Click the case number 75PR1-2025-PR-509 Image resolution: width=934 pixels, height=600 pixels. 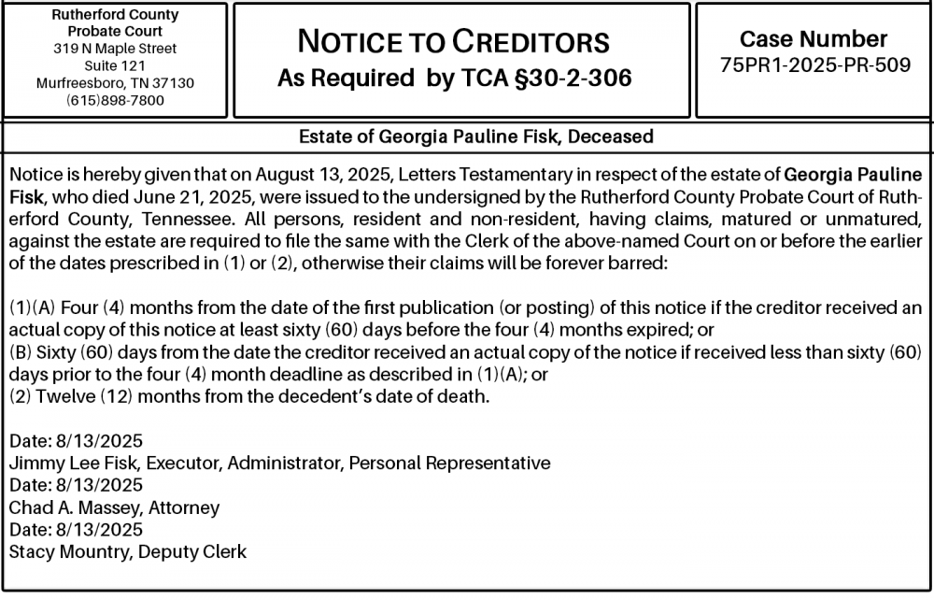pos(815,66)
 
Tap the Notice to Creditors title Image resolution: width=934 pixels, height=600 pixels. pos(453,42)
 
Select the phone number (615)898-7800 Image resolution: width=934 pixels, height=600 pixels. pos(115,100)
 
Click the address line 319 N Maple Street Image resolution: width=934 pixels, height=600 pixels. pos(115,48)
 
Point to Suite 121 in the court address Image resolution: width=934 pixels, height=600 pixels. pos(115,65)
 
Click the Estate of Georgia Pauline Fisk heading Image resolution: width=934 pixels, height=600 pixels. pos(475,136)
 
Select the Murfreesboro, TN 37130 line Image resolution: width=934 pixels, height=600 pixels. pos(115,83)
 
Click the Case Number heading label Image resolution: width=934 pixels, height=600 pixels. pos(814,39)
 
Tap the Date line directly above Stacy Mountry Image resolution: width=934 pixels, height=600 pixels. pos(76,529)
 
